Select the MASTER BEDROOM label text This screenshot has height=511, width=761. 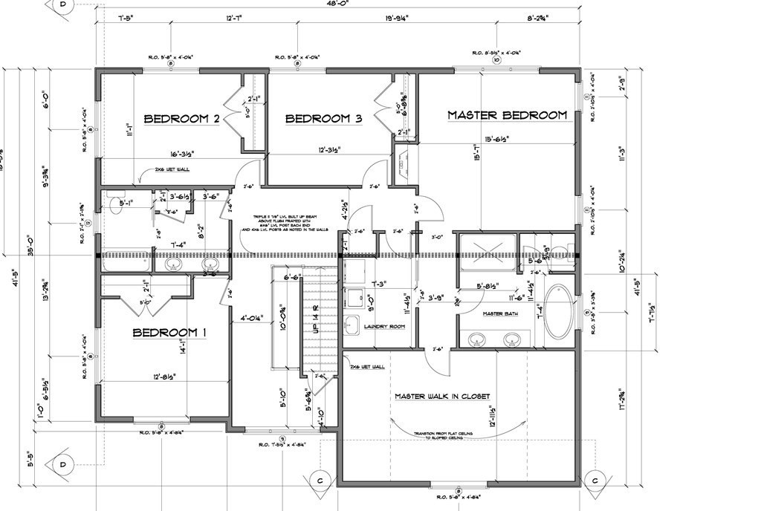coord(507,115)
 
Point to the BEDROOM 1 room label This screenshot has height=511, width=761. coord(169,333)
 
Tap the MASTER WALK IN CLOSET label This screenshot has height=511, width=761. coord(442,396)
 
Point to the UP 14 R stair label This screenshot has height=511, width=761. coord(316,319)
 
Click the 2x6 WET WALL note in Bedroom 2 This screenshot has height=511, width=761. coord(172,169)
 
